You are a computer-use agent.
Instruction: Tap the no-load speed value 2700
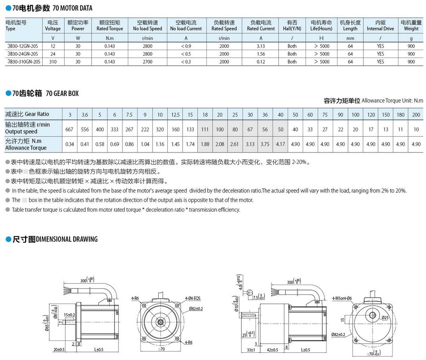point(148,62)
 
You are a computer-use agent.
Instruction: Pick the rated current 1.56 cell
point(261,54)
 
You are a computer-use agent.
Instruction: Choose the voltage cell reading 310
point(53,62)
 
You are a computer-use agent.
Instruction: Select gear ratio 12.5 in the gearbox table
point(175,115)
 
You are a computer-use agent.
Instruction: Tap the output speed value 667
point(70,129)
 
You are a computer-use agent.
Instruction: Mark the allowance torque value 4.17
point(280,144)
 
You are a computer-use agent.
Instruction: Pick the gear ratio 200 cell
point(416,115)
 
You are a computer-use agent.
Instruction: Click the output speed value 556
point(85,129)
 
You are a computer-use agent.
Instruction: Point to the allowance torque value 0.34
point(70,144)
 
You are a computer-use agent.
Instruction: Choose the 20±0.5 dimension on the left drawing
point(58,349)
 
